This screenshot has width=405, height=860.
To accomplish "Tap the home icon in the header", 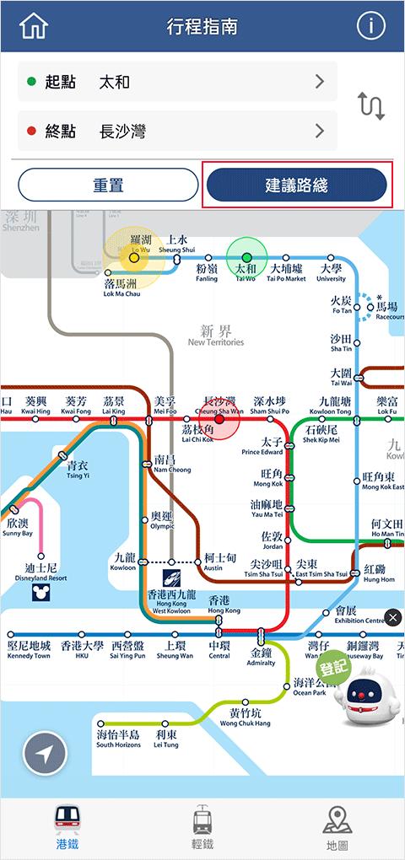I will tap(34, 26).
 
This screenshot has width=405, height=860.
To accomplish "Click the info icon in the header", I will tap(370, 26).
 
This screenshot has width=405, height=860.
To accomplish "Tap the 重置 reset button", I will tap(108, 185).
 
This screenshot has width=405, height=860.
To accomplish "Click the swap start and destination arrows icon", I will tap(371, 106).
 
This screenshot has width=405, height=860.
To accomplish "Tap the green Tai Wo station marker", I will tap(246, 257).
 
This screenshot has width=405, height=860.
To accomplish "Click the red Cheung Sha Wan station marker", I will tap(219, 418).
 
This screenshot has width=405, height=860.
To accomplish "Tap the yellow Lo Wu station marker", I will tap(133, 257).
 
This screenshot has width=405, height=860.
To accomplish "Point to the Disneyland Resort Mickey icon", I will tap(40, 593).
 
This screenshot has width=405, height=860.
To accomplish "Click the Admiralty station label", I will tap(261, 658).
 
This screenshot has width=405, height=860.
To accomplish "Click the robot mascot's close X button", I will tap(392, 618).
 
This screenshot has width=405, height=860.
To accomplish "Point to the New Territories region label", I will tap(216, 336).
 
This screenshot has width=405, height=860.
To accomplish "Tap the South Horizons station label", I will tap(117, 739).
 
